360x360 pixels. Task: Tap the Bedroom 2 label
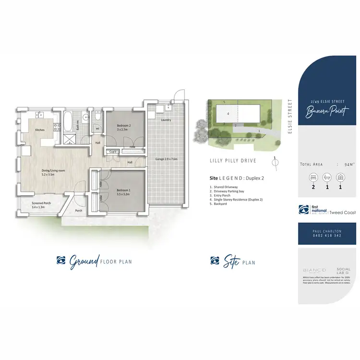point(124,126)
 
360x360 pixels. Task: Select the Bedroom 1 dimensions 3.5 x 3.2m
point(124,194)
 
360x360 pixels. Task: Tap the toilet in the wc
point(97,117)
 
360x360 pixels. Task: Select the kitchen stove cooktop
point(57,128)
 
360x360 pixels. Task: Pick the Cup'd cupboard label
point(113,151)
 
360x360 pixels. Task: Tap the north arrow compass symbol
point(274,161)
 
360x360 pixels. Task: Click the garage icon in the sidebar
point(340,178)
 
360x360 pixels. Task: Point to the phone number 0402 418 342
point(327,235)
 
